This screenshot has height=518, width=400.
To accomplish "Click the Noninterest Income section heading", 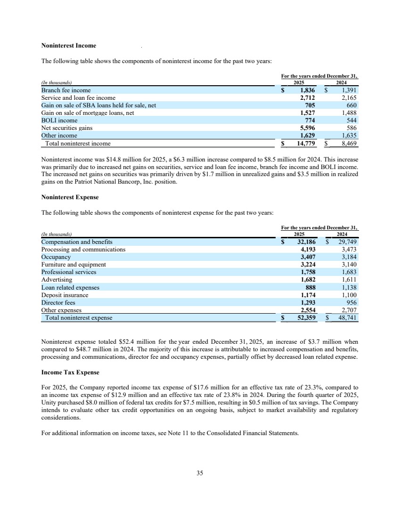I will click(69, 46).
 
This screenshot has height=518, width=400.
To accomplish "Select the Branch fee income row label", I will click(66, 90).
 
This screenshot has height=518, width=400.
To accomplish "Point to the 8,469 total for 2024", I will click(348, 143).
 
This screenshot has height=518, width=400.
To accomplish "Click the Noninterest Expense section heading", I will click(70, 197).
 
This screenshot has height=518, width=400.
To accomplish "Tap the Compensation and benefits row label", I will click(77, 242).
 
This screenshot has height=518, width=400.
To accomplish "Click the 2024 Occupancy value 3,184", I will click(349, 257).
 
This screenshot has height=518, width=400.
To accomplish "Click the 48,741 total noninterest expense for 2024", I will click(348, 318).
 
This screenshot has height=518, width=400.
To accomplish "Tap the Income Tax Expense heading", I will click(70, 372).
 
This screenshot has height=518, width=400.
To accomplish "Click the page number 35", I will click(200, 473).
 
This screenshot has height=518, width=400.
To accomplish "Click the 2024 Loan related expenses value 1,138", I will click(349, 287).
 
